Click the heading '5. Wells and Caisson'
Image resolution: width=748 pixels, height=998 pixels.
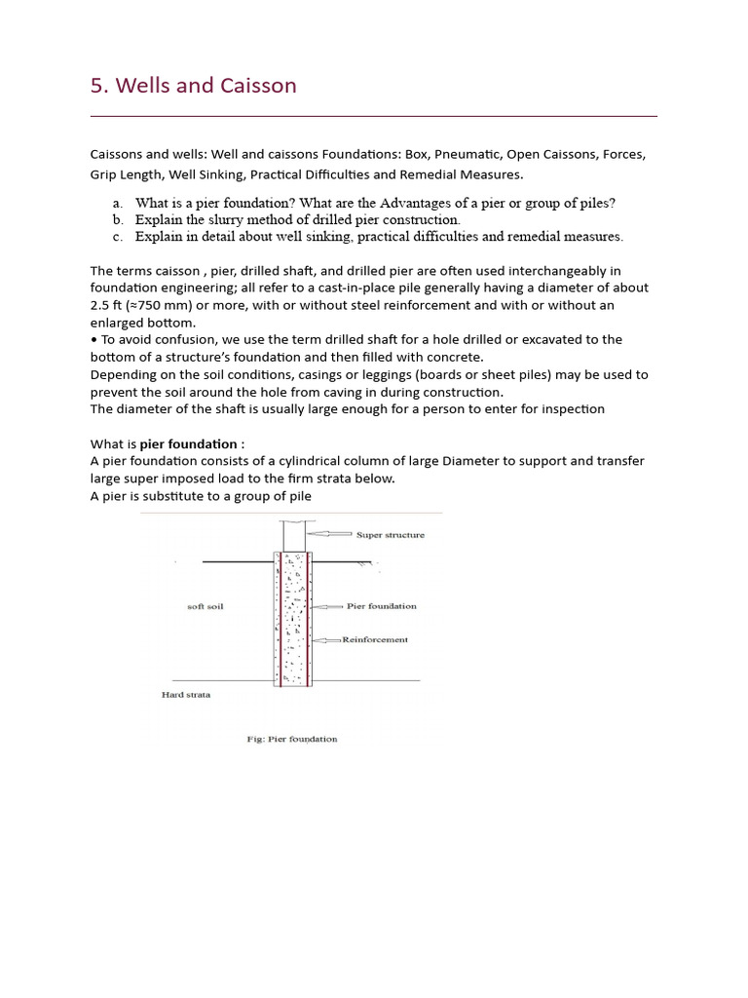(193, 86)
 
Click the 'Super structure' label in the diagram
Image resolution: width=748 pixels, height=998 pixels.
(390, 535)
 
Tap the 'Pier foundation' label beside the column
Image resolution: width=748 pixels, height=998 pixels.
(381, 606)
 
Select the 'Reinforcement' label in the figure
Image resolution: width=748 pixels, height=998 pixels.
(375, 640)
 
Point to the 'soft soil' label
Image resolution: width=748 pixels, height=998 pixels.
(205, 606)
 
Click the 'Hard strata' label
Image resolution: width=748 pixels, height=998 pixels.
(185, 695)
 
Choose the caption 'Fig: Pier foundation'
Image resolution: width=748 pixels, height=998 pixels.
(292, 739)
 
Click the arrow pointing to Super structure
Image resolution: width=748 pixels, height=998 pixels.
(330, 534)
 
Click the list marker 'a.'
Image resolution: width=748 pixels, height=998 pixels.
(117, 204)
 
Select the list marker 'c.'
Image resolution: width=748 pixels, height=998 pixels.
(117, 237)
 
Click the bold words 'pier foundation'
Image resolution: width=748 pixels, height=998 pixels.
(189, 443)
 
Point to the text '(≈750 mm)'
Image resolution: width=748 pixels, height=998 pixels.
(144, 305)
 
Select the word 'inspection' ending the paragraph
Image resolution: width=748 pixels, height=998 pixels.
(571, 409)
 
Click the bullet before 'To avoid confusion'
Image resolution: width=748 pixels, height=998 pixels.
(93, 340)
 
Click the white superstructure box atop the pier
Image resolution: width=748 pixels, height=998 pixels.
(294, 535)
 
